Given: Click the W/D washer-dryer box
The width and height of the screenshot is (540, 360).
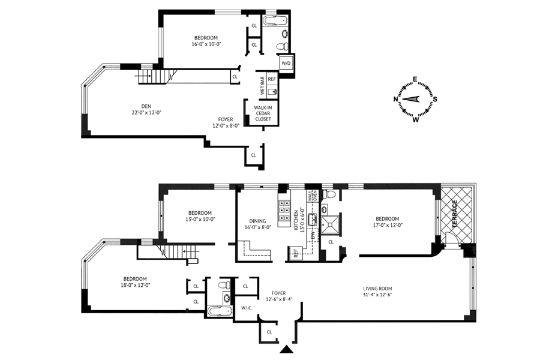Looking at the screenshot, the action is (286, 63).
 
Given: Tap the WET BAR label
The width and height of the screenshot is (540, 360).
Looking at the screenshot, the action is (262, 85).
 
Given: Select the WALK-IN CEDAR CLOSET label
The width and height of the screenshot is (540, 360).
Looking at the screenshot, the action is (263, 113).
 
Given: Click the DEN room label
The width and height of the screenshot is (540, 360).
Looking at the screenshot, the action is (146, 106).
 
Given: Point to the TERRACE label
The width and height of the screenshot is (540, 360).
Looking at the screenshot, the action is (455, 214).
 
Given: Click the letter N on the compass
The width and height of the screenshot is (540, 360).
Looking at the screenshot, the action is (396, 99).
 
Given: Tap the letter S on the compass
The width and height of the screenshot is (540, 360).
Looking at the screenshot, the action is (435, 99).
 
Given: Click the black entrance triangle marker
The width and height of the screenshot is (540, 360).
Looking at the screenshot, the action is (286, 349).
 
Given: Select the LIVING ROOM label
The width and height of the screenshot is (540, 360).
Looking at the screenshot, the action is (377, 289).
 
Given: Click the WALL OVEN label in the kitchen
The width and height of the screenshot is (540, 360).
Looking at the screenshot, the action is (312, 196).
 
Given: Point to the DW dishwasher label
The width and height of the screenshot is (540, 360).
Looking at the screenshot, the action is (313, 236).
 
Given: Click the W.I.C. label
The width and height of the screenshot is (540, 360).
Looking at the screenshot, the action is (247, 308).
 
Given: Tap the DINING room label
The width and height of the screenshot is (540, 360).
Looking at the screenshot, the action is (257, 221).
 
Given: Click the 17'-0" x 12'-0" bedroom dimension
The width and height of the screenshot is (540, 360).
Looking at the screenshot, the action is (388, 226).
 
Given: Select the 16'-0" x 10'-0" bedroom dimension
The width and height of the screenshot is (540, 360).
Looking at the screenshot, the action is (206, 44).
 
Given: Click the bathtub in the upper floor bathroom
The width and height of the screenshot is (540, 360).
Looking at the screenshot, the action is (275, 21).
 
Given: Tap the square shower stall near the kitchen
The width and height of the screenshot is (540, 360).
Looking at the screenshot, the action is (330, 224).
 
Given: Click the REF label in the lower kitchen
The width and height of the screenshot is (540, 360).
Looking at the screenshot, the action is (295, 253).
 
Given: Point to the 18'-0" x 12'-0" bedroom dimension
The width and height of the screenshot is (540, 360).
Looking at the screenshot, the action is (136, 285).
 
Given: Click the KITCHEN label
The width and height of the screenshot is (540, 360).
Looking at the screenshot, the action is (296, 220).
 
